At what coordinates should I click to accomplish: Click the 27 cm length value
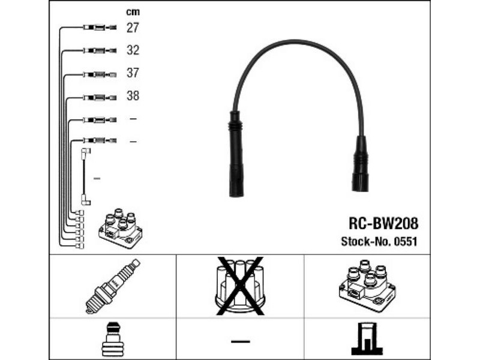(133, 28)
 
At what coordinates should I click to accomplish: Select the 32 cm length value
(133, 50)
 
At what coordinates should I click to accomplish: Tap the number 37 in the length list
(133, 73)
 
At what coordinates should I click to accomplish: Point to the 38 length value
(133, 96)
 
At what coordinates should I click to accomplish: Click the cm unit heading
(133, 12)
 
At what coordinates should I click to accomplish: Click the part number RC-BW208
(383, 223)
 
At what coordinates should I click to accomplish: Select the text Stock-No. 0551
(379, 242)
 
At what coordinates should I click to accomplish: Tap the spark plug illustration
(113, 286)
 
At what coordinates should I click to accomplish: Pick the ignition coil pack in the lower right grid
(367, 286)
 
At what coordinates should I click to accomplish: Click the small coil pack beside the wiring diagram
(121, 229)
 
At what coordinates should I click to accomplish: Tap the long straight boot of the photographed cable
(236, 154)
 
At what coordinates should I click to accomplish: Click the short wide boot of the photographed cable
(361, 164)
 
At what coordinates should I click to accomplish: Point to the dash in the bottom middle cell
(241, 341)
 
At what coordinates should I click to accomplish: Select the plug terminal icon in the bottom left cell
(112, 339)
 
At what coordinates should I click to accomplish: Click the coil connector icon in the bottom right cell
(367, 340)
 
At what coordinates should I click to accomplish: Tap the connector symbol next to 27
(100, 28)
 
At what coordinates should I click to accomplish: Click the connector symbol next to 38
(100, 98)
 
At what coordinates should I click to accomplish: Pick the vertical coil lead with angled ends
(85, 176)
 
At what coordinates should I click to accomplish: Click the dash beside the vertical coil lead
(97, 178)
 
